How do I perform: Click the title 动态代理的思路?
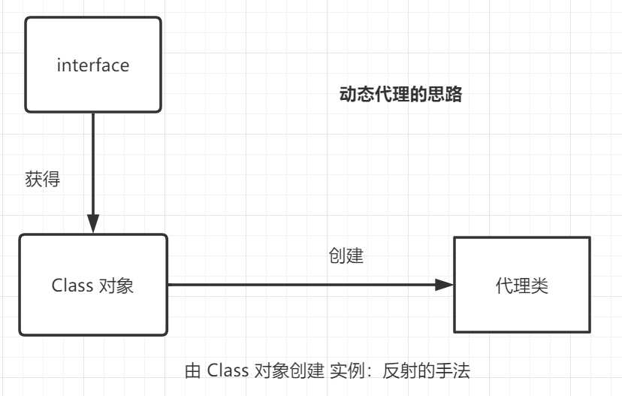(400, 95)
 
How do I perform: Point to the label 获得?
(42, 180)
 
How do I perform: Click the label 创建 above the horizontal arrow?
(346, 255)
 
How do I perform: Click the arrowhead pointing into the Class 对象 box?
(93, 223)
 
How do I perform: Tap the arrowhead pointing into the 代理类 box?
(445, 285)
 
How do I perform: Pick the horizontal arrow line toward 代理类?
(300, 285)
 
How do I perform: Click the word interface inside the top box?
(93, 65)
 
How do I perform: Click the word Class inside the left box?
(72, 286)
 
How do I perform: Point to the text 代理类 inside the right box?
(522, 286)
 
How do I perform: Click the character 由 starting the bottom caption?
(193, 370)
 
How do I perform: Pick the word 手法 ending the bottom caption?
(452, 370)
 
